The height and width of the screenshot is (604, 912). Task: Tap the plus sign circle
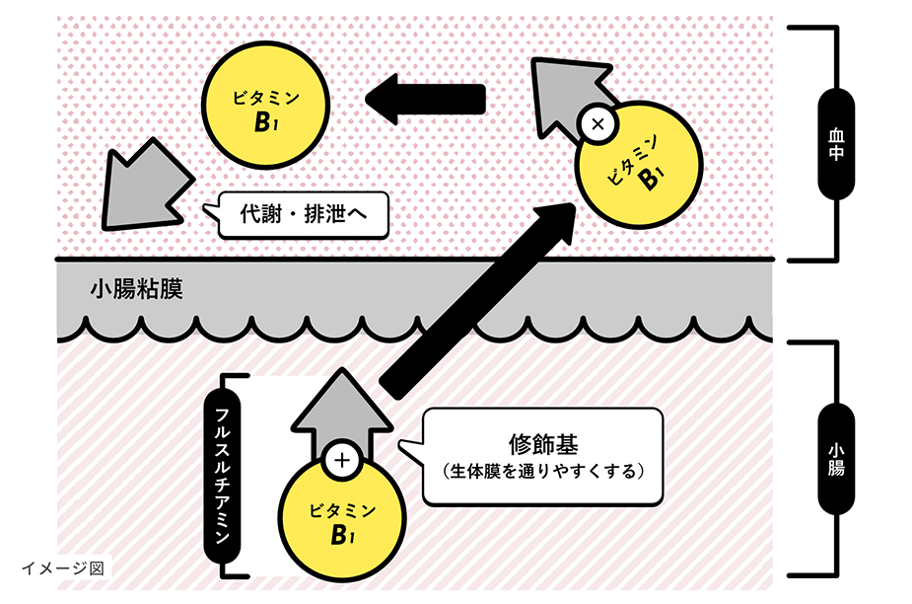(342, 461)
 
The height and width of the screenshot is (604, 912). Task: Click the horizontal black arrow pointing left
(426, 98)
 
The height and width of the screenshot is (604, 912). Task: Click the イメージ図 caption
(62, 567)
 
